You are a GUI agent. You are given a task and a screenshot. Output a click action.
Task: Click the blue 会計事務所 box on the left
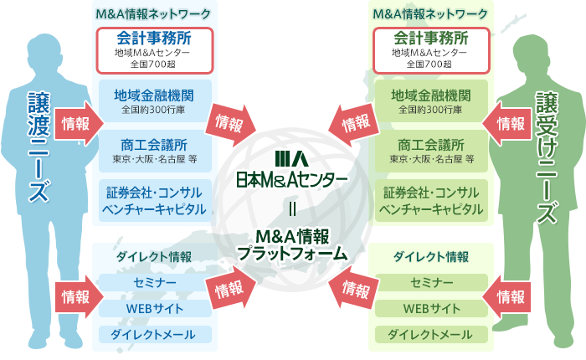(154, 49)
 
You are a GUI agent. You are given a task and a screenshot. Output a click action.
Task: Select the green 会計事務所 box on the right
(430, 49)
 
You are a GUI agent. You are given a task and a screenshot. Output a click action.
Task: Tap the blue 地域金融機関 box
(154, 101)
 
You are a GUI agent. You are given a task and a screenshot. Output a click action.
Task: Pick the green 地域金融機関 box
(430, 101)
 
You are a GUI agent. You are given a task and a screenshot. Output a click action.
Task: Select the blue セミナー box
(154, 283)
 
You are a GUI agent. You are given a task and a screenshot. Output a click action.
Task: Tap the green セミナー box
(430, 283)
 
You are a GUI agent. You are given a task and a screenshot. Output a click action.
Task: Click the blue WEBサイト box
(154, 309)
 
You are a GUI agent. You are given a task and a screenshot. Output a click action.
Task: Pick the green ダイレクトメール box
(430, 335)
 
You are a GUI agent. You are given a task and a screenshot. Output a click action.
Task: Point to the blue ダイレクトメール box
(154, 335)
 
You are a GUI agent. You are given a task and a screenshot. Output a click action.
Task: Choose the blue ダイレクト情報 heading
(154, 256)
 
